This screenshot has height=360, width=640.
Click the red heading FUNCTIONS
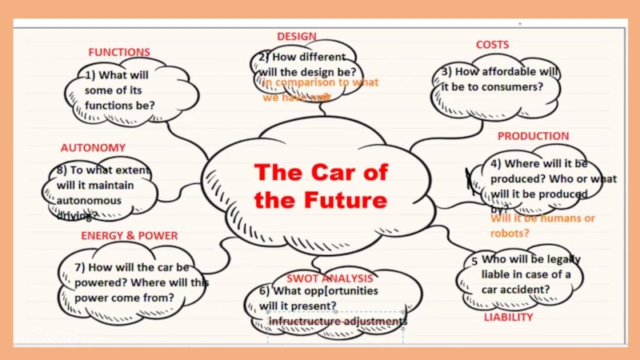click(x=119, y=52)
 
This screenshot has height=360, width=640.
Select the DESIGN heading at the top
click(x=297, y=36)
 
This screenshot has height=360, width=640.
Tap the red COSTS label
click(x=492, y=45)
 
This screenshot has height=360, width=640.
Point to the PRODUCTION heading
click(x=534, y=136)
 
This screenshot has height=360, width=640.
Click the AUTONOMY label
click(x=93, y=148)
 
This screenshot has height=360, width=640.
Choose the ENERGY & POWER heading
click(x=130, y=236)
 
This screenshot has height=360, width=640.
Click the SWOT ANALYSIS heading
click(x=330, y=278)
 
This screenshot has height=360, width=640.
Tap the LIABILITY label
click(x=508, y=318)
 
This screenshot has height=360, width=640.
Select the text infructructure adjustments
click(x=338, y=322)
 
